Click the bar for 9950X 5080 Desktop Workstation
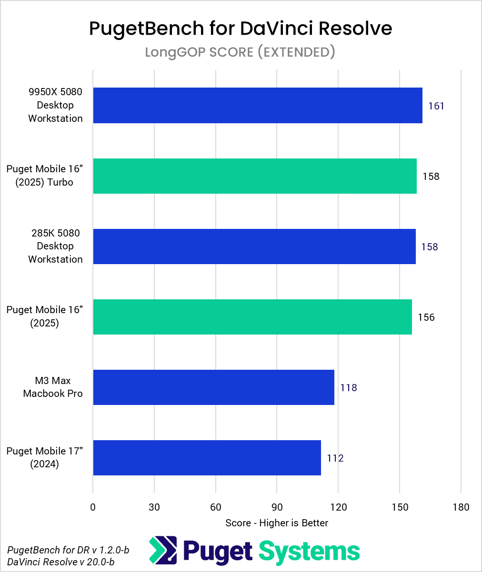coord(257,105)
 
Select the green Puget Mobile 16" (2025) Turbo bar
coord(255,176)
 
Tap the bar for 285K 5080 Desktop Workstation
coord(254,247)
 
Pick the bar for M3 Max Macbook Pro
coord(213,387)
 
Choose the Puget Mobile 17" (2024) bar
coord(207,458)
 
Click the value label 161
coord(436,106)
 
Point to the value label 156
coord(426,317)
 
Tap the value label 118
coord(348,387)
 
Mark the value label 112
coord(335,458)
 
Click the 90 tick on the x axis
coord(277,507)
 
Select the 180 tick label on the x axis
coord(461,507)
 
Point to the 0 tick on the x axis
coord(93,507)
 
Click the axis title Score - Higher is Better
coord(277,523)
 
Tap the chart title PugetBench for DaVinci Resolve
coord(241,29)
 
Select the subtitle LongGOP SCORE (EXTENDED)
coord(240,51)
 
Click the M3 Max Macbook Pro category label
coord(53,387)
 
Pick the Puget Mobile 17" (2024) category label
coord(45,458)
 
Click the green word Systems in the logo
coord(309,551)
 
